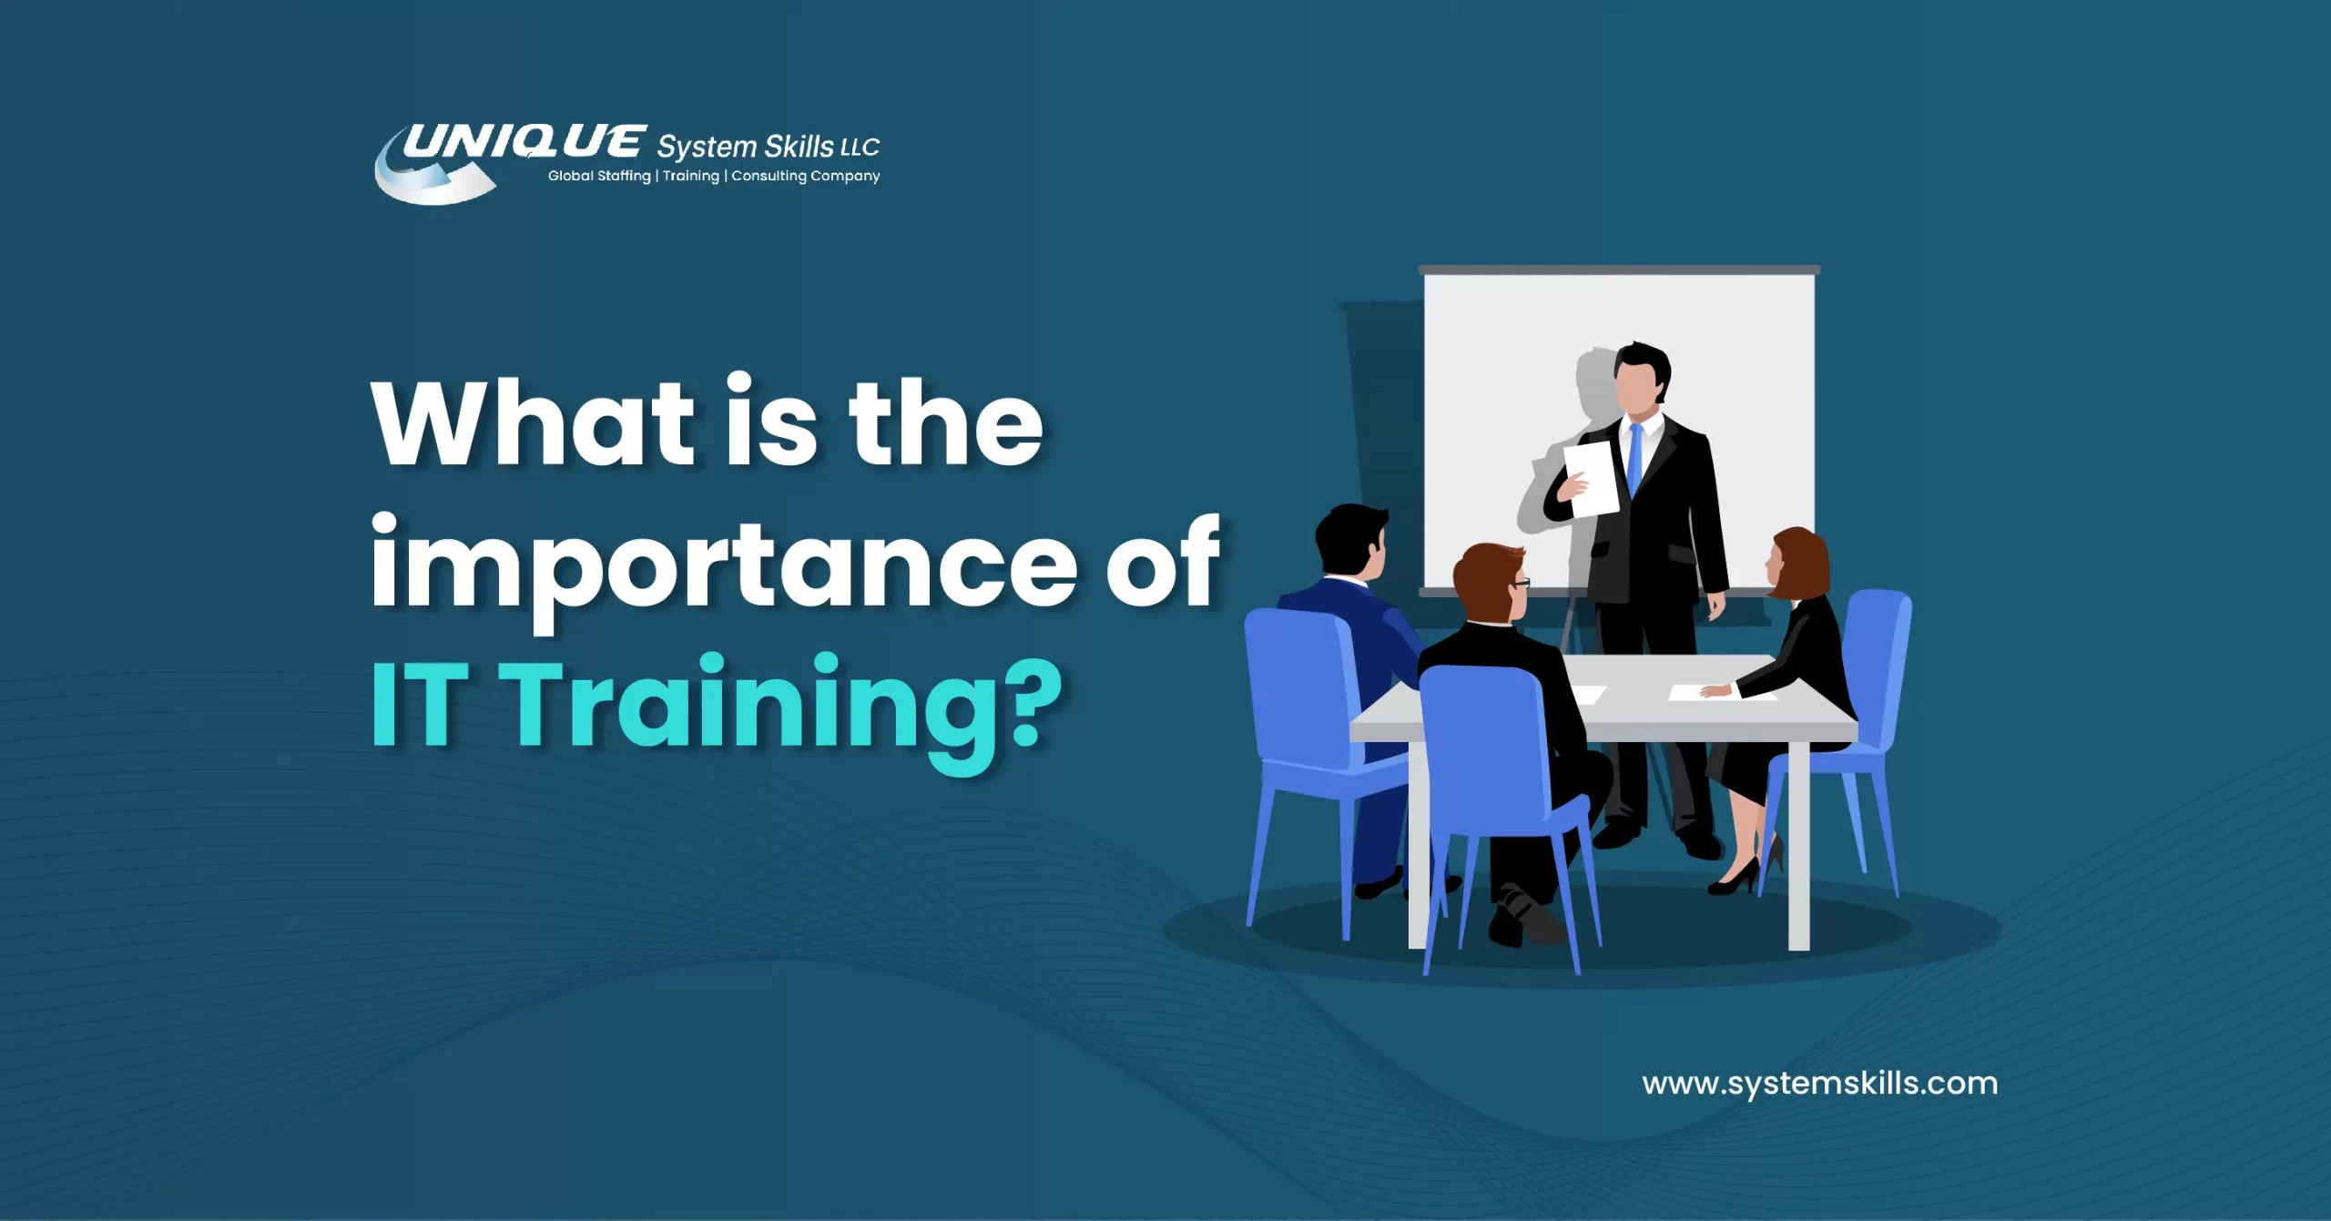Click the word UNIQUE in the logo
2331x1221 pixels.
524,142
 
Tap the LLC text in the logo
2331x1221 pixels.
860,148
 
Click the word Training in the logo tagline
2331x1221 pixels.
691,176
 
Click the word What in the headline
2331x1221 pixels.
533,423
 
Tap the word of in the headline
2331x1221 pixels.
1163,565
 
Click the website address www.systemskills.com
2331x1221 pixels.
1819,1084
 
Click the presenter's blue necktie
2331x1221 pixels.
1635,460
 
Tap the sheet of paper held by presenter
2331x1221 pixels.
1593,478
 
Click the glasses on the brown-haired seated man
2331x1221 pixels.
1522,583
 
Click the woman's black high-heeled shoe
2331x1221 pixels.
1736,879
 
